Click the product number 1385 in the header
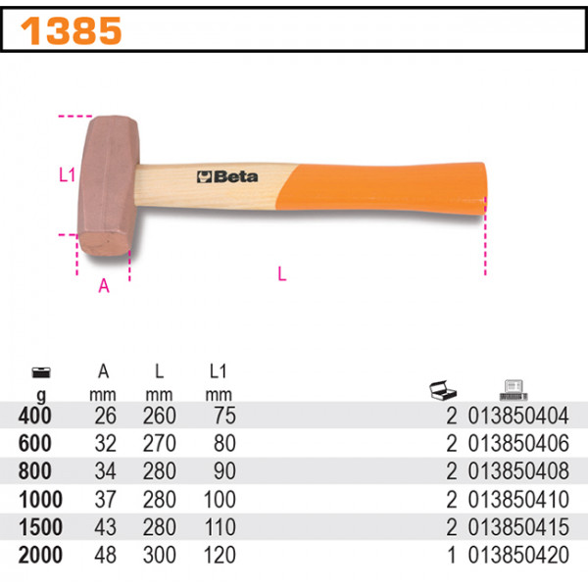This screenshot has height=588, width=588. click(71, 31)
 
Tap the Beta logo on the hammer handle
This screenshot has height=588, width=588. click(227, 177)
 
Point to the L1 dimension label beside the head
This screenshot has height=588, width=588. click(67, 176)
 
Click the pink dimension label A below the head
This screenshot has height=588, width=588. click(104, 285)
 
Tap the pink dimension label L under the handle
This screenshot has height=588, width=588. click(282, 275)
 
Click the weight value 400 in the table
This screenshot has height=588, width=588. click(36, 416)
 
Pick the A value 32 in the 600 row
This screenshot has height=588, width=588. click(105, 444)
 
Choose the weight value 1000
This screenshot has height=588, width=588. click(39, 500)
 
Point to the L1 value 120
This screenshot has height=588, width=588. click(220, 556)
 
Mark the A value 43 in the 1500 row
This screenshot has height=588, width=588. click(105, 528)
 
